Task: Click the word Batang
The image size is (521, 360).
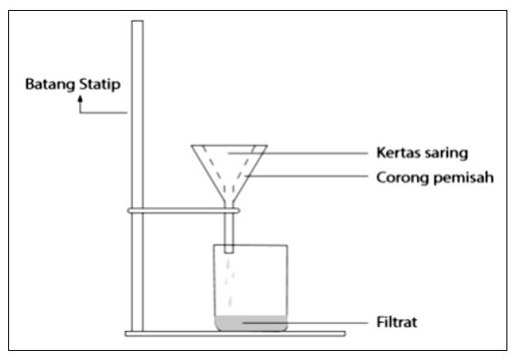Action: click(51, 85)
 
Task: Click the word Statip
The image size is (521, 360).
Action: click(100, 85)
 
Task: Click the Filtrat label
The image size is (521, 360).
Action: click(396, 322)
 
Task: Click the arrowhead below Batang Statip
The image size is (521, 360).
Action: click(80, 98)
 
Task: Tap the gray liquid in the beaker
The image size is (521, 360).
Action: click(251, 323)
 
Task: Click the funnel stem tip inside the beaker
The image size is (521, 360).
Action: click(228, 253)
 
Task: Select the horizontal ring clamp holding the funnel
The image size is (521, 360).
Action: click(184, 211)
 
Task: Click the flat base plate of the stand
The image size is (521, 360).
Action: click(235, 334)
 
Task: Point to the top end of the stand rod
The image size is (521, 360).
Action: click(137, 21)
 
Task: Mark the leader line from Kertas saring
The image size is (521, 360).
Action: click(298, 154)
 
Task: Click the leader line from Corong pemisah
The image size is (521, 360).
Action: click(307, 176)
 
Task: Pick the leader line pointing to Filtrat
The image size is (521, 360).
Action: click(305, 323)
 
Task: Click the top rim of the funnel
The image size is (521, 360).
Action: click(229, 145)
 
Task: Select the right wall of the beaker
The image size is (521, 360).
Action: click(286, 287)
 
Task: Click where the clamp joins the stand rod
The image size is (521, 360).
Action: click(137, 211)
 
